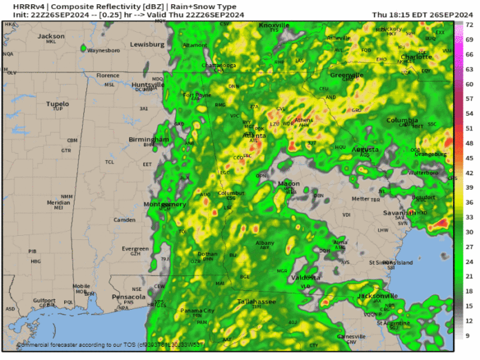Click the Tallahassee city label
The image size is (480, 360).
[257, 301]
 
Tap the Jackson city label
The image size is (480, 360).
[50, 36]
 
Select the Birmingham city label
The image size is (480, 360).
[148, 139]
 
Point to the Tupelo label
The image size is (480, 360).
[58, 103]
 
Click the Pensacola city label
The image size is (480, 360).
[129, 297]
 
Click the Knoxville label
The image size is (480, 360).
[275, 26]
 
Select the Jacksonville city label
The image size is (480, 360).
[359, 296]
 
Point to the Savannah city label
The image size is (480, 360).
[400, 213]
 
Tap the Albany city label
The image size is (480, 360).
[265, 243]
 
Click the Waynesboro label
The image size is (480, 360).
[103, 50]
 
